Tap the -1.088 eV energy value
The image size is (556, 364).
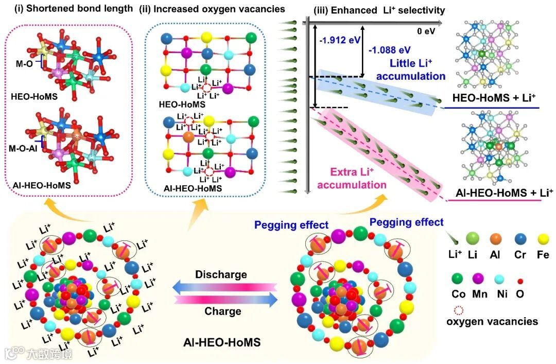(x=390, y=49)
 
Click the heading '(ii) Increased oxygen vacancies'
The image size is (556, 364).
(x=210, y=8)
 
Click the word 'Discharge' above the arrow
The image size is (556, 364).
(x=221, y=274)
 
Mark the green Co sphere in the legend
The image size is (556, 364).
(x=457, y=279)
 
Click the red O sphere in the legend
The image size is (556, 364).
(x=520, y=280)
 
